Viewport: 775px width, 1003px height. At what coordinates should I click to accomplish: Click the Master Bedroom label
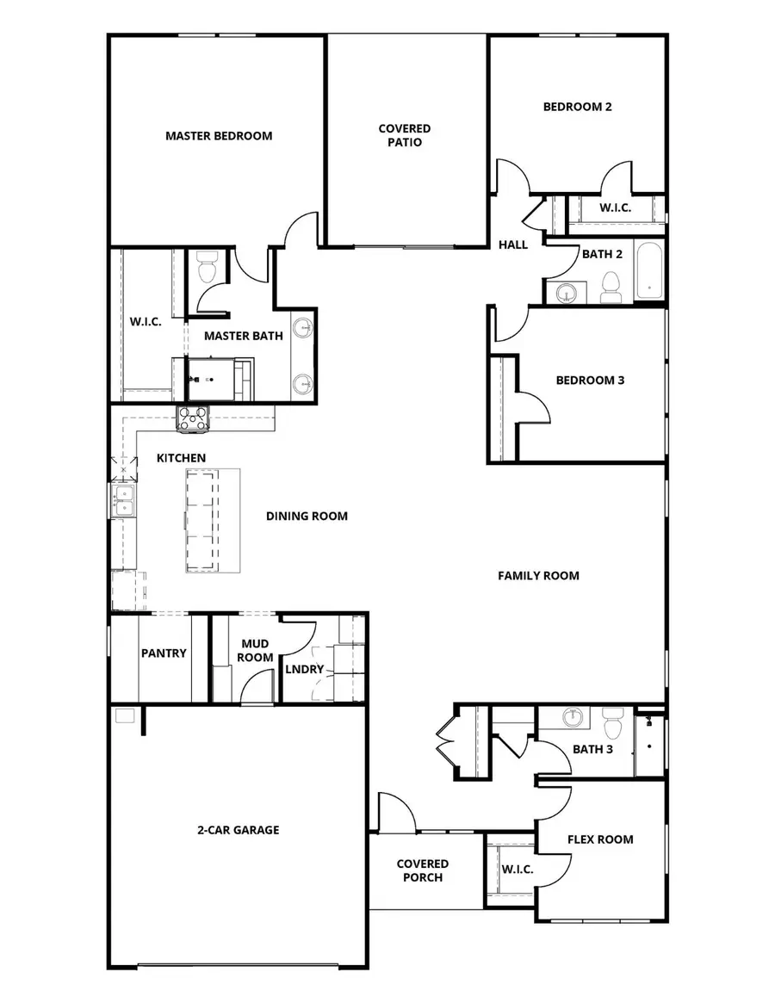[219, 136]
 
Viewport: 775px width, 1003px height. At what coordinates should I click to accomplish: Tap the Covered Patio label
[405, 135]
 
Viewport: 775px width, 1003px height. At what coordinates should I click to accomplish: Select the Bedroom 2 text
[577, 108]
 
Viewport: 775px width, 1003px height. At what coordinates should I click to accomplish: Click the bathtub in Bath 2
[649, 269]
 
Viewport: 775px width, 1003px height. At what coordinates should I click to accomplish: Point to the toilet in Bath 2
[611, 287]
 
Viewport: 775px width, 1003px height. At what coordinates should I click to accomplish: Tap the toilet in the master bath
[206, 268]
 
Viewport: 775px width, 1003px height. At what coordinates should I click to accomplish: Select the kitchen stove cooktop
[193, 418]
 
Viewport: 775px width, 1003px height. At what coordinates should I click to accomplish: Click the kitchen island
[213, 520]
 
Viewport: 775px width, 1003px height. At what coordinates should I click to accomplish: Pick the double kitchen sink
[122, 500]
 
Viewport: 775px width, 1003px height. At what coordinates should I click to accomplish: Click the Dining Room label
[307, 517]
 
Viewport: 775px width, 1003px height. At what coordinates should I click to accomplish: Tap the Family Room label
[538, 576]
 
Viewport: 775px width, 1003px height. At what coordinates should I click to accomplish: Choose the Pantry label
[164, 653]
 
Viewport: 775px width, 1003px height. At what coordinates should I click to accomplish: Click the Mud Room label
[255, 650]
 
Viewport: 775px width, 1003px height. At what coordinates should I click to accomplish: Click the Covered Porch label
[422, 870]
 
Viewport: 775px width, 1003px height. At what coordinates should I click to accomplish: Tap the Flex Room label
[600, 839]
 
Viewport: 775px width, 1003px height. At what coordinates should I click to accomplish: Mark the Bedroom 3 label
[590, 381]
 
